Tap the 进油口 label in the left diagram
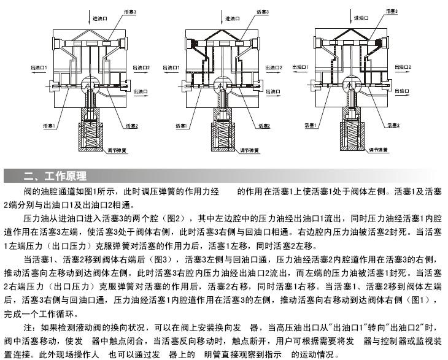coord(100,19)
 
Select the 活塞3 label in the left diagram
coord(131,12)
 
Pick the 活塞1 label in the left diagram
coord(48,126)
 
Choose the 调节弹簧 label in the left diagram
coord(117,150)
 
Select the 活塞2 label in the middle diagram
coord(265,126)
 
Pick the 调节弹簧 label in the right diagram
coord(377,149)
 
